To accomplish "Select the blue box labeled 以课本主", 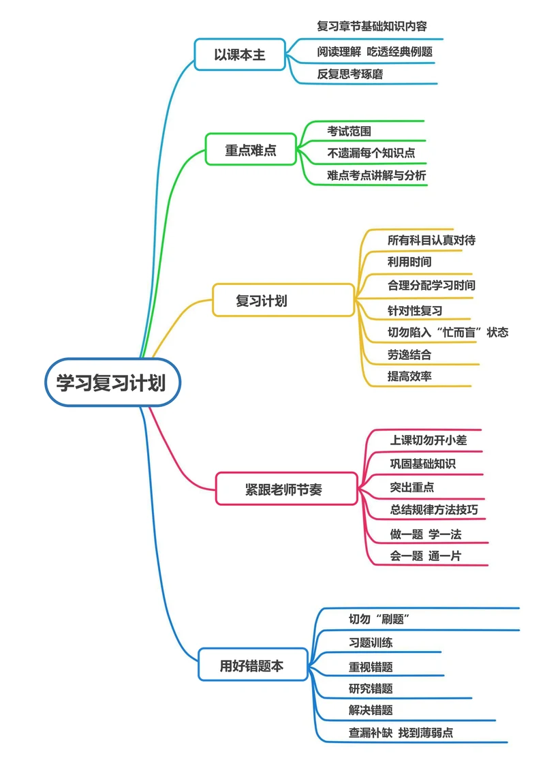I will pyautogui.click(x=239, y=55).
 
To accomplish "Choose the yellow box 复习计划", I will pyautogui.click(x=262, y=301).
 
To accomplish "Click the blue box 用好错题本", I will pyautogui.click(x=251, y=666).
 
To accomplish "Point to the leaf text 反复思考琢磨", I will pyautogui.click(x=350, y=74).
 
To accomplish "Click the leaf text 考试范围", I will pyautogui.click(x=349, y=131).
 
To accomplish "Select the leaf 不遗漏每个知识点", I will pyautogui.click(x=371, y=153).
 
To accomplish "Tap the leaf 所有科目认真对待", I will pyautogui.click(x=431, y=240).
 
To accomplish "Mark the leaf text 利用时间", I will pyautogui.click(x=409, y=262).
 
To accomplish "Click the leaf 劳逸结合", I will pyautogui.click(x=409, y=354).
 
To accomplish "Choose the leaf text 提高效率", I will pyautogui.click(x=409, y=376).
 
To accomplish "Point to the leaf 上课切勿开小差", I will pyautogui.click(x=429, y=440).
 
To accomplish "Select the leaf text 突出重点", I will pyautogui.click(x=412, y=487).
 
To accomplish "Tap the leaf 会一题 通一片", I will pyautogui.click(x=426, y=556).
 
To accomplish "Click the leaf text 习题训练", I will pyautogui.click(x=371, y=642).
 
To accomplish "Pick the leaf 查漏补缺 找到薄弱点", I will pyautogui.click(x=401, y=733).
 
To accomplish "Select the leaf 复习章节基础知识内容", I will pyautogui.click(x=372, y=27).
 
